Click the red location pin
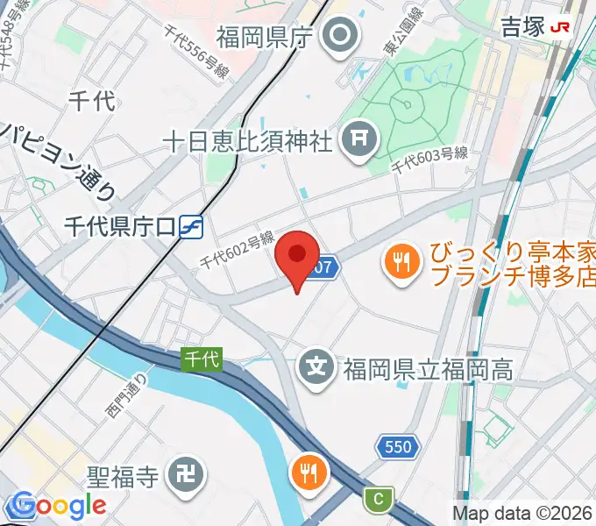297,257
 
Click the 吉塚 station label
523,26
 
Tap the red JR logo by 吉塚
561,27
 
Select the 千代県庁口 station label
120,227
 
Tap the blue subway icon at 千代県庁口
190,227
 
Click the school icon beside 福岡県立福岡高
317,366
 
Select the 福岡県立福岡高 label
428,367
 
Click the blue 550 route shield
396,447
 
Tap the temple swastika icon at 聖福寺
188,476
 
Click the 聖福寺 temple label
123,477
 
